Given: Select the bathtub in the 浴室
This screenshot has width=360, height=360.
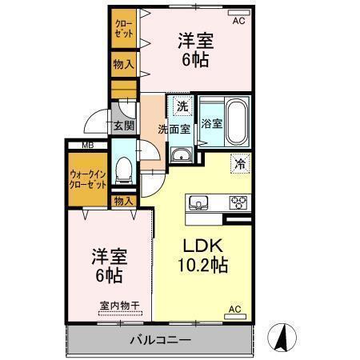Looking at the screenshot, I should pyautogui.click(x=235, y=121).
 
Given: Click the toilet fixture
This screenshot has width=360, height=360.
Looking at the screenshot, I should pyautogui.click(x=124, y=169).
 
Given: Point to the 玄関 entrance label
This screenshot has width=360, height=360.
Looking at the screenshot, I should pyautogui.click(x=123, y=126).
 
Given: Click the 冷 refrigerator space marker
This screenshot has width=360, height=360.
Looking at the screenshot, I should pyautogui.click(x=239, y=163).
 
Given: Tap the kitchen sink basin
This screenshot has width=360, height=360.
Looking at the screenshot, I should pyautogui.click(x=198, y=202).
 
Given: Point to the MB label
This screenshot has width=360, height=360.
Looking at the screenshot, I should pyautogui.click(x=86, y=145).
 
